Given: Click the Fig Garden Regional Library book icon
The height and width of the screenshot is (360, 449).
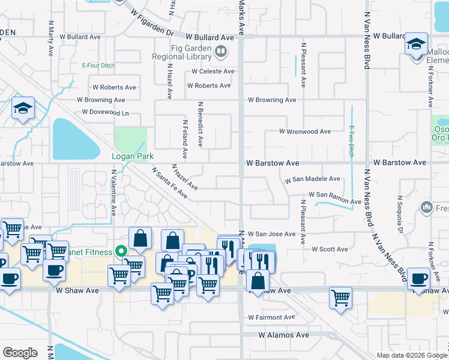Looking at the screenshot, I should tap(221, 52).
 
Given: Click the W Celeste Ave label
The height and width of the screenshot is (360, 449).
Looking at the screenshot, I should tap(213, 71).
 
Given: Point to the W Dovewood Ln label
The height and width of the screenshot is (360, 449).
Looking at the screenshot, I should tap(106, 112).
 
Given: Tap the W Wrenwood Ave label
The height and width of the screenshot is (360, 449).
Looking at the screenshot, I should tap(305, 131).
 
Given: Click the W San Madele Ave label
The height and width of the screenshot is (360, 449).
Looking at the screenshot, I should tap(312, 179).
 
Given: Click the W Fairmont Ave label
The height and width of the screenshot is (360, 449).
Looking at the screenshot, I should tap(271, 317).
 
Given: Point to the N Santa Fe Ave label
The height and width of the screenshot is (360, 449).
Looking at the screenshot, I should tap(166, 182).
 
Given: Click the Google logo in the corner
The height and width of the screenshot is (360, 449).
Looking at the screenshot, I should tap(20, 352).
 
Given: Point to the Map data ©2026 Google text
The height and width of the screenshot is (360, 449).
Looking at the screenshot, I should tap(412, 355).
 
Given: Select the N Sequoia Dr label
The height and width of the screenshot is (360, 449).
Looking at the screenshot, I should tap(399, 213).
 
